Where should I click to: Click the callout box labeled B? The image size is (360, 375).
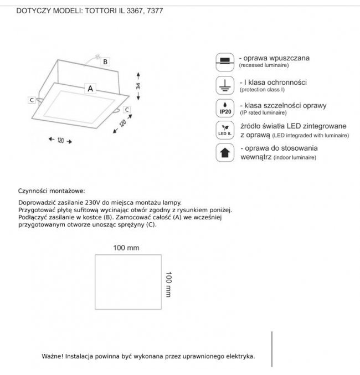pos(105,61)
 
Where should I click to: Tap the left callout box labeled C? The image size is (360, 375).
pos(32,100)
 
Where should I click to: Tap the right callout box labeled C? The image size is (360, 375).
pos(127,110)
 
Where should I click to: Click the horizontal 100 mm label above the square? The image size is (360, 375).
pos(126,248)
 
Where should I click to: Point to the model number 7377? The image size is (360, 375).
pos(155,11)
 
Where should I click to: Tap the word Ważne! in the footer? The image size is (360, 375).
pos(52,357)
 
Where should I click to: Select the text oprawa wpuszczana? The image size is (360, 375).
pos(274,58)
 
